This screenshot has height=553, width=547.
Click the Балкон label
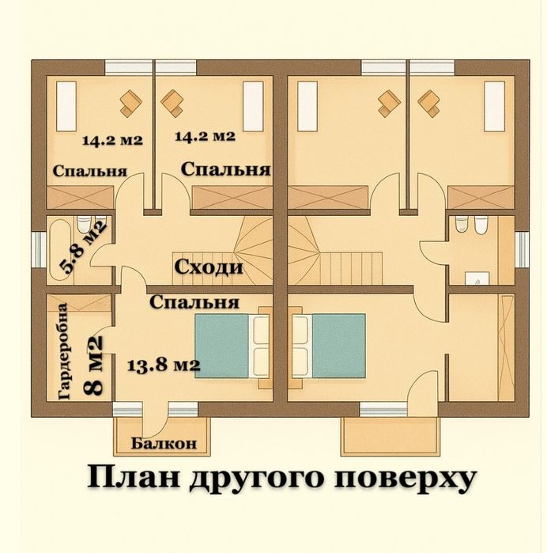click(164, 443)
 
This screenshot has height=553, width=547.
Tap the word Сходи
click(208, 267)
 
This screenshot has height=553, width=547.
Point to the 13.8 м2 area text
click(163, 365)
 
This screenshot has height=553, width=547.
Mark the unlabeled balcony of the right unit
click(389, 435)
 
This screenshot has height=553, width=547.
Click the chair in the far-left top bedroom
click(129, 100)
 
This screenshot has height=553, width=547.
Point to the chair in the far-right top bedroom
click(429, 101)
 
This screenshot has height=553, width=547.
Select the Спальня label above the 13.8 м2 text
click(194, 301)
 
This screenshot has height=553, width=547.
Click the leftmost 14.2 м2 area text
click(112, 141)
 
